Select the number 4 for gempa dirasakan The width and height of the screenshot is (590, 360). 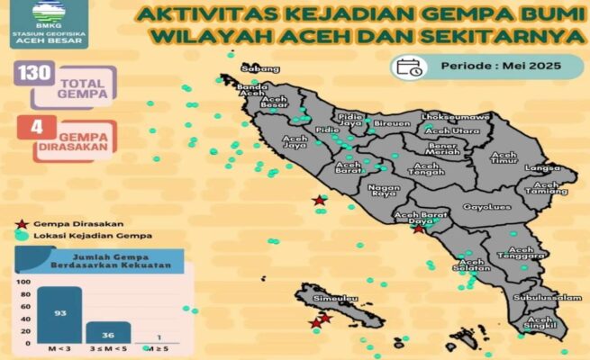[37, 127]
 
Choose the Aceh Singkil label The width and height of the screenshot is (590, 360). [541, 325]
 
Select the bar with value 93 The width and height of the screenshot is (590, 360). [59, 315]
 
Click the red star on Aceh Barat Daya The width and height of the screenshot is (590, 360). [418, 229]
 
